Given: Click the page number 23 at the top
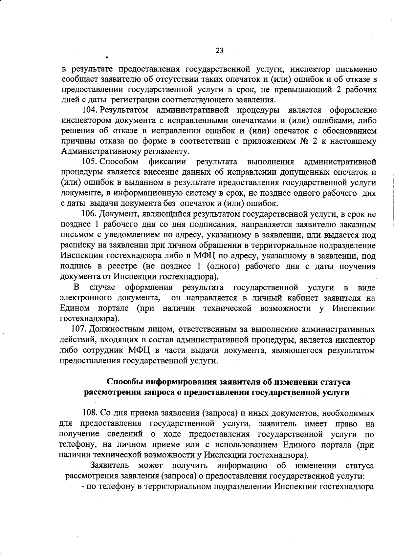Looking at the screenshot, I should [x=219, y=51].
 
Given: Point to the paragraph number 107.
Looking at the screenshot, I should [x=78, y=329].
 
